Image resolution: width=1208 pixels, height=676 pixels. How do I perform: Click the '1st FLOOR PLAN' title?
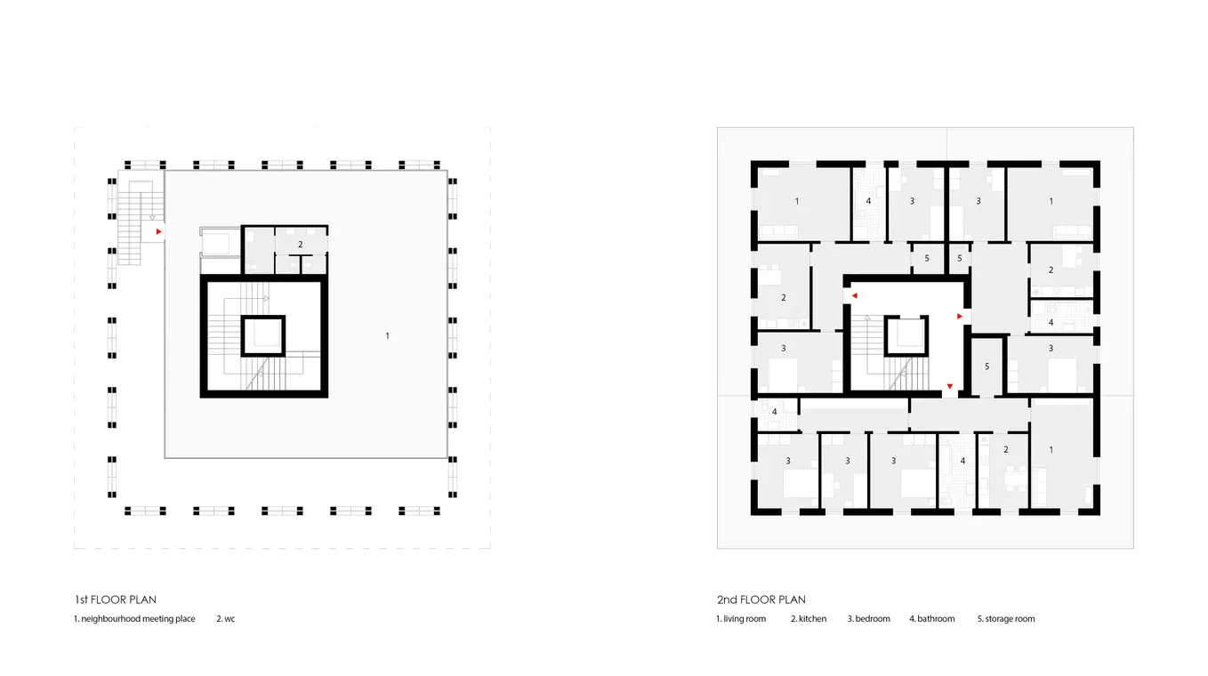116,600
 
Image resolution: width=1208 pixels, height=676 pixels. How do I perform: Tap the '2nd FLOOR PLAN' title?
761,600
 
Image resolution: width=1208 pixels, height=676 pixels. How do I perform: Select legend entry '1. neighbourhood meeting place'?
134,619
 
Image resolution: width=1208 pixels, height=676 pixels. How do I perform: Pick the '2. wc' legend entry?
225,619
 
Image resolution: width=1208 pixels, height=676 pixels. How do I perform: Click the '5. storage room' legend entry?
1006,619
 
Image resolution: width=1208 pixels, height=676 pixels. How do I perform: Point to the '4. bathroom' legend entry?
932,619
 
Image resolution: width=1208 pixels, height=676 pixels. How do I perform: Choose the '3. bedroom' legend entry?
868,619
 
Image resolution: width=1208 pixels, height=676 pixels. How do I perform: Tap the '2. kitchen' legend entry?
809,619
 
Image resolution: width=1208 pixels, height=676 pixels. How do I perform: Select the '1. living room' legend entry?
741,619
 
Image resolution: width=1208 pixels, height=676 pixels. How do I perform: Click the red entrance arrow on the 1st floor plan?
158,232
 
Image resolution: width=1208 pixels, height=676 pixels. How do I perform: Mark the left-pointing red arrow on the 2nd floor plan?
854,295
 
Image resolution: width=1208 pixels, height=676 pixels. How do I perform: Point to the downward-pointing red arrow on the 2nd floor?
950,386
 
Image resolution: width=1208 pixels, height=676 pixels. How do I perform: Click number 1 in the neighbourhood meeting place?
387,336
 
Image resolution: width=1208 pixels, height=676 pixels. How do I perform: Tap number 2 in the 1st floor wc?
301,245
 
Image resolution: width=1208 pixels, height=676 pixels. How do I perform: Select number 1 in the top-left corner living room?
797,202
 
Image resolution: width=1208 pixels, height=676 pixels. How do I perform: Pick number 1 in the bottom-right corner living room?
1051,449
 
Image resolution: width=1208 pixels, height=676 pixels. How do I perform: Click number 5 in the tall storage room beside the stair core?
987,366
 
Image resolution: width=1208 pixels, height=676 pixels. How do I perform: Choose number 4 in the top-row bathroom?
868,201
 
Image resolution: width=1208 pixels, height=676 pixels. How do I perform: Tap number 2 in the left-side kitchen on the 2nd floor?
784,298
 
